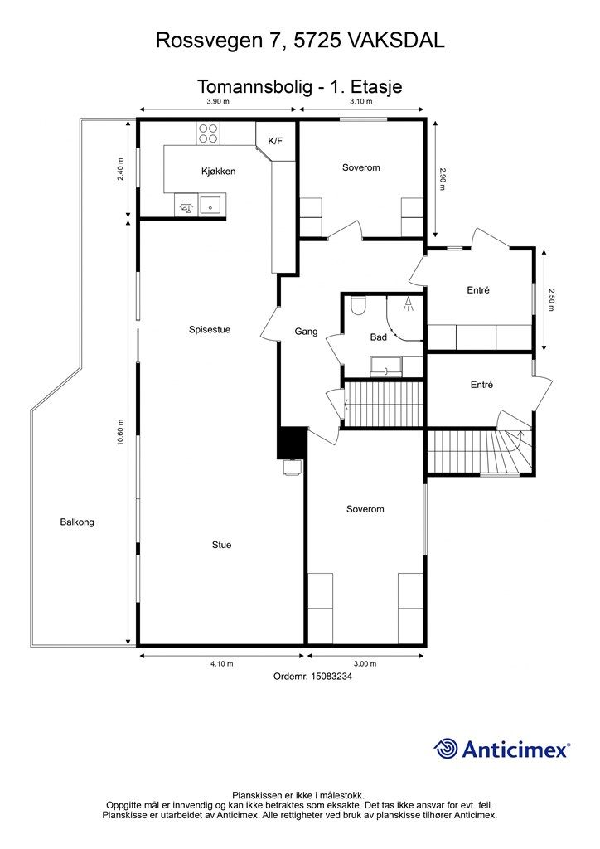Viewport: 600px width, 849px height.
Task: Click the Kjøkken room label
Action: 218,172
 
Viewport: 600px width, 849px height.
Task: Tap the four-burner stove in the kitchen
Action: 208,133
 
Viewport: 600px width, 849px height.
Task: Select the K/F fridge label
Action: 275,141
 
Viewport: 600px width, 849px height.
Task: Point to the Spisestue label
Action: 210,329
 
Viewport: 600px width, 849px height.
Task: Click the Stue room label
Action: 221,545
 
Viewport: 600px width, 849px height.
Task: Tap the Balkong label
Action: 77,522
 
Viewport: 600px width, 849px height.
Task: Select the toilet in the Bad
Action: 358,306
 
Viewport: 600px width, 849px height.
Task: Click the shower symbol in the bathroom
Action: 408,304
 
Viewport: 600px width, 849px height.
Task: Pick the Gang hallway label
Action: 306,332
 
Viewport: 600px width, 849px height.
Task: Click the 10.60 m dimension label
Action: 120,432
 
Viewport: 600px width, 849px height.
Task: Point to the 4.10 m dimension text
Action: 222,663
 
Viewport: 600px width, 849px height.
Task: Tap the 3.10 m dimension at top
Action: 360,101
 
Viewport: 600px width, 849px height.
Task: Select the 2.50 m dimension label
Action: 551,299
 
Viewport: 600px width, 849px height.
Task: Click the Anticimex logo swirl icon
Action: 446,749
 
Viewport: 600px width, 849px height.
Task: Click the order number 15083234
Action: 331,676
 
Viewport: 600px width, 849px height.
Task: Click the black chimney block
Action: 292,443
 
